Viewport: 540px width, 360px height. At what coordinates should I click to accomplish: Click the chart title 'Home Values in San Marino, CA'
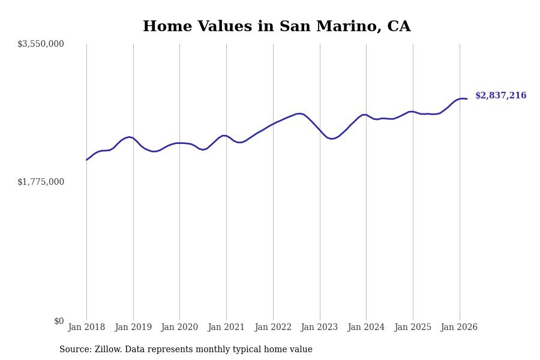pyautogui.click(x=277, y=27)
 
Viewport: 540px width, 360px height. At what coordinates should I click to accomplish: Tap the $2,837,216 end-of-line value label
pyautogui.click(x=500, y=96)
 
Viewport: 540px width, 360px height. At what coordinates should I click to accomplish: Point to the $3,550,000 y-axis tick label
pyautogui.click(x=41, y=44)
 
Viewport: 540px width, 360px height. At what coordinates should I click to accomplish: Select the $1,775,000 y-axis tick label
pyautogui.click(x=41, y=182)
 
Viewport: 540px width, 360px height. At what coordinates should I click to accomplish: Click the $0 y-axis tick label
pyautogui.click(x=59, y=321)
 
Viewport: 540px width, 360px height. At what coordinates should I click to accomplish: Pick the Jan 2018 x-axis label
pyautogui.click(x=86, y=328)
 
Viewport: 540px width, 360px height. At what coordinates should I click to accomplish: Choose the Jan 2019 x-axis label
pyautogui.click(x=133, y=328)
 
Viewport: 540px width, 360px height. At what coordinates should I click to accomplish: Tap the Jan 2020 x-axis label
pyautogui.click(x=179, y=328)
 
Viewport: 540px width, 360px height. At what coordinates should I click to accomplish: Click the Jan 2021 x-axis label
pyautogui.click(x=226, y=328)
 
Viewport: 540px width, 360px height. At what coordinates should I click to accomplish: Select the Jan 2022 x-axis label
pyautogui.click(x=273, y=328)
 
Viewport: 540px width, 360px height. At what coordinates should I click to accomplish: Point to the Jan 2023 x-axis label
pyautogui.click(x=319, y=328)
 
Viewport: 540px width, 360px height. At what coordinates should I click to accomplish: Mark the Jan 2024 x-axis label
pyautogui.click(x=366, y=328)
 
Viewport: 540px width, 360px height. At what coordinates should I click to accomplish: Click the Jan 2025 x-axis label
pyautogui.click(x=413, y=328)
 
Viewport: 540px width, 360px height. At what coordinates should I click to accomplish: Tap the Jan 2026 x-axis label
pyautogui.click(x=459, y=328)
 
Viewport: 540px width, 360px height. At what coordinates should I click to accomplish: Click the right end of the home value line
pyautogui.click(x=467, y=99)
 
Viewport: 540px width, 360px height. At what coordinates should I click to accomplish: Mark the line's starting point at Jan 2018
pyautogui.click(x=86, y=160)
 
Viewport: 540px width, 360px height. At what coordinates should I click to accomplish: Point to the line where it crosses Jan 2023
pyautogui.click(x=320, y=130)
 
